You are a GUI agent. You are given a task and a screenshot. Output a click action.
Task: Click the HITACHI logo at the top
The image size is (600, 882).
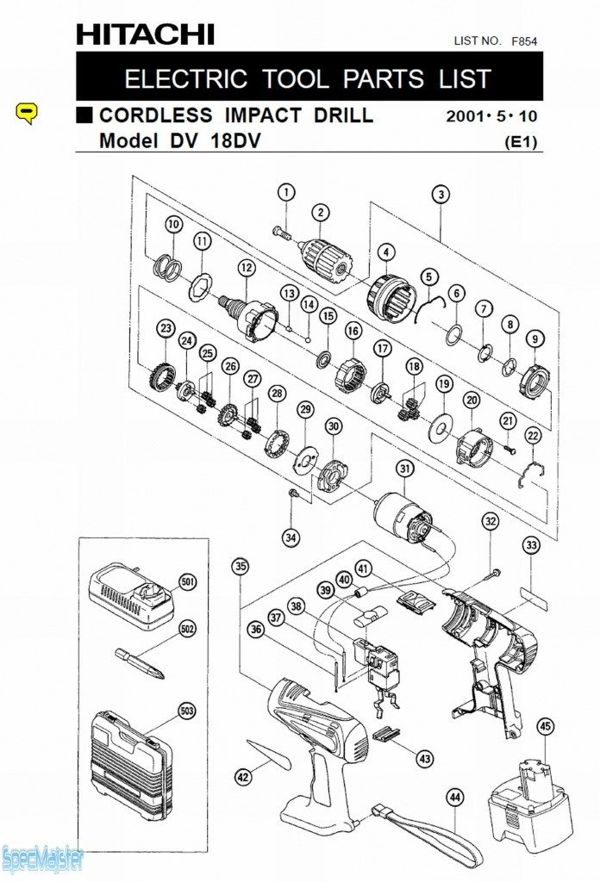(x=145, y=34)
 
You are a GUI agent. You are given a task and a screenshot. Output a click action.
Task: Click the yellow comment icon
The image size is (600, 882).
(x=28, y=112)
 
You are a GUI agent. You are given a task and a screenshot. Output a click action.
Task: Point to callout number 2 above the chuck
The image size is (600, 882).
(x=321, y=213)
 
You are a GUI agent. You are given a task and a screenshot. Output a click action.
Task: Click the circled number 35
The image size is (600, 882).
(x=241, y=566)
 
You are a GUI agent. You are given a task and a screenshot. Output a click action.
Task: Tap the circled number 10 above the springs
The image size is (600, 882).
(x=174, y=224)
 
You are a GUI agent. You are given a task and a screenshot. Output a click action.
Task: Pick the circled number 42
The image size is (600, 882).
(x=243, y=777)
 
